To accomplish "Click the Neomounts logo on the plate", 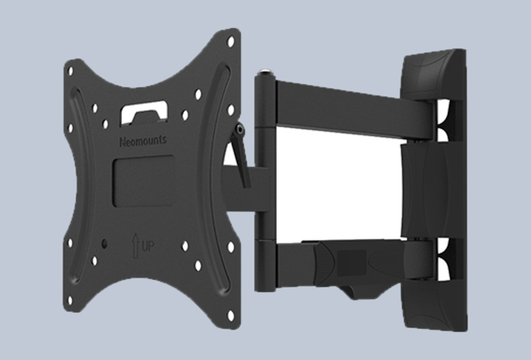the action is click(143, 141).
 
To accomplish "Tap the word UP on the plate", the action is click(148, 246).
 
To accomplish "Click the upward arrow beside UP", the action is click(135, 245).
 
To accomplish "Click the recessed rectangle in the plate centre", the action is click(143, 181).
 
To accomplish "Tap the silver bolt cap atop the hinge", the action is click(266, 71).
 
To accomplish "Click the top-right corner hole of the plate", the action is click(231, 42).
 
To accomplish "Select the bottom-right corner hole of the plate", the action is click(231, 316).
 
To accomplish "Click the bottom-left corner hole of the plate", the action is click(70, 301).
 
